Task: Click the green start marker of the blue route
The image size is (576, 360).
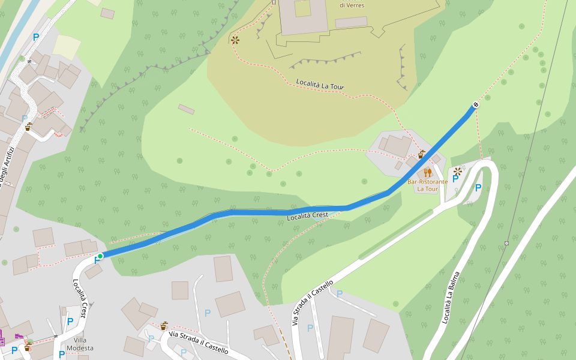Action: point(100,256)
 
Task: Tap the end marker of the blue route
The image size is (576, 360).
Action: point(476,105)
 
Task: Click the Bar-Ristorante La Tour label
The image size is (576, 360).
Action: point(427,185)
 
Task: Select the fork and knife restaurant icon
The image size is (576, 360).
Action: point(427,173)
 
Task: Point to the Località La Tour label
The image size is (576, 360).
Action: point(320,85)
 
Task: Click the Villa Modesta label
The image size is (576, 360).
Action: point(80,344)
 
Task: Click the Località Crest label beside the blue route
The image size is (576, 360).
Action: point(307,215)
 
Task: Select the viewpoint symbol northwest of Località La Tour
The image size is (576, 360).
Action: point(235,40)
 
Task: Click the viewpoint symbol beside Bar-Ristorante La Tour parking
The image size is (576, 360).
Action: point(458,171)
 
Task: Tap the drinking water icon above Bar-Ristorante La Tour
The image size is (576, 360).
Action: point(421,154)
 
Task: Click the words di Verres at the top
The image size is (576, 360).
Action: point(352,5)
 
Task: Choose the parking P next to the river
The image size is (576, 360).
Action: point(36,37)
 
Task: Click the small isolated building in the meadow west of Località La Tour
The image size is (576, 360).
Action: point(186,109)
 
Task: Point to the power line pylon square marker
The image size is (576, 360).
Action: point(506,243)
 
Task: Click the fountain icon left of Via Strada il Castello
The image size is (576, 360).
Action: point(163,326)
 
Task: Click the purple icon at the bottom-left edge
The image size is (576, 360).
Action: point(2,337)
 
